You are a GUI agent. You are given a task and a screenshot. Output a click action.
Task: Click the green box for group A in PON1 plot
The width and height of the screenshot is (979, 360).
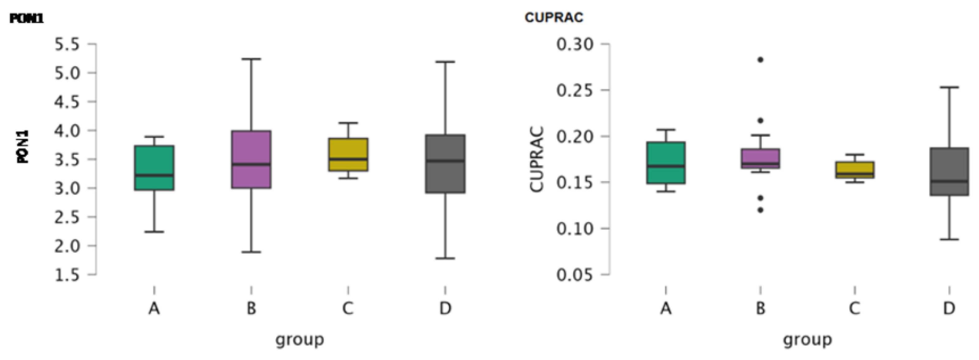[x=154, y=167]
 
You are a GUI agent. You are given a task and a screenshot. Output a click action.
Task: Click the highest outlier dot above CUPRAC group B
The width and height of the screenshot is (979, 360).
[x=761, y=60]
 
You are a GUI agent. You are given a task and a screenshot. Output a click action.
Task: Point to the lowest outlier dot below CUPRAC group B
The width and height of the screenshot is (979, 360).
[x=761, y=210]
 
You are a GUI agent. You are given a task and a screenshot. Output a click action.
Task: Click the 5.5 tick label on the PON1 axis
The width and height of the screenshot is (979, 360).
[x=67, y=45]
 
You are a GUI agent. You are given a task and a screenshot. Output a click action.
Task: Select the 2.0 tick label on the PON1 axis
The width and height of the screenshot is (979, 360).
[x=67, y=246]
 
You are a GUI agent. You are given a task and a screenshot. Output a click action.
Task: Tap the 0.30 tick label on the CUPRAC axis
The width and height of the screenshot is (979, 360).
[x=575, y=44]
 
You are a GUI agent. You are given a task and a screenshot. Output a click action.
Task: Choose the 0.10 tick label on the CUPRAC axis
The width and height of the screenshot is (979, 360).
[x=575, y=229]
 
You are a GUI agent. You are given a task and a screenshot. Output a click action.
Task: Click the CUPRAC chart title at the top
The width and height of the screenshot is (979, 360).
[x=554, y=17]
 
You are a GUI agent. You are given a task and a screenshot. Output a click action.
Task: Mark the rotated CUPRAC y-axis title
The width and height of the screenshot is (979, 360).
[x=537, y=159]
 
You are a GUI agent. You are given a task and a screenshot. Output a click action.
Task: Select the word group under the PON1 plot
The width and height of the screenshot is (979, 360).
[x=300, y=339]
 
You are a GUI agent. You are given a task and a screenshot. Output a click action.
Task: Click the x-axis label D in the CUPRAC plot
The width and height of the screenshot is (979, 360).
[x=949, y=308]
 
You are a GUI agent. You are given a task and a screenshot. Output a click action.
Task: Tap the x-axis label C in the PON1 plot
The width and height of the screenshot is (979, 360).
[x=348, y=308]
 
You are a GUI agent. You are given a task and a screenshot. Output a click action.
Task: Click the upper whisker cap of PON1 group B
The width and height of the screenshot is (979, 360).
[x=252, y=59]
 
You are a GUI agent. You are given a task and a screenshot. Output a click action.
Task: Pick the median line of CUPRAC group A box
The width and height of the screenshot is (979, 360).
[x=666, y=166]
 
